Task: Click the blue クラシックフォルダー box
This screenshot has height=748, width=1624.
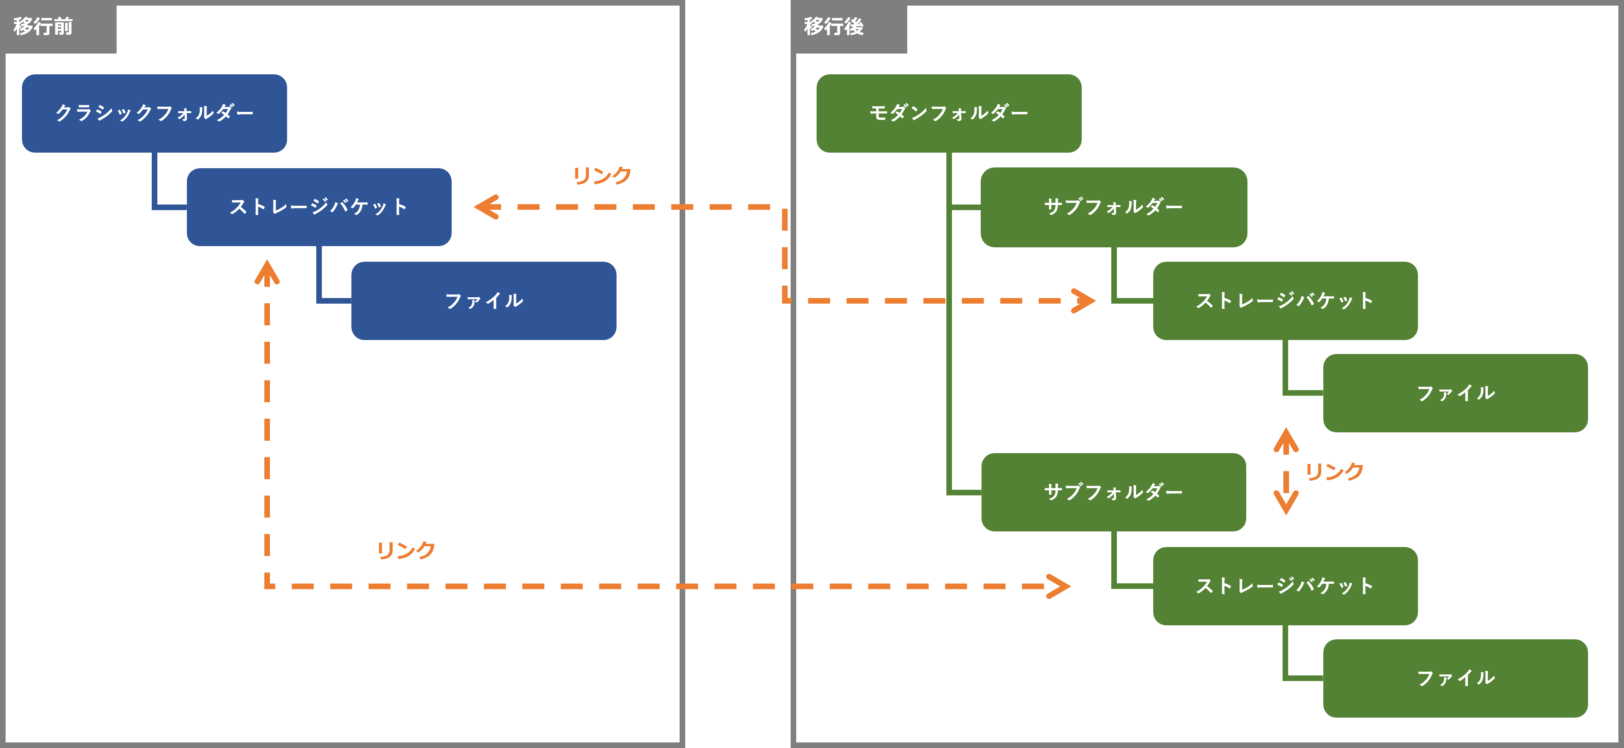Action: [x=155, y=113]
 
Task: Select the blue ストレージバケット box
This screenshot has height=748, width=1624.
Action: [x=319, y=207]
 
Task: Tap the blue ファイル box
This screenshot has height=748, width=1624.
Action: [x=484, y=301]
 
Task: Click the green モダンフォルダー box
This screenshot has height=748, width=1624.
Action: [x=949, y=113]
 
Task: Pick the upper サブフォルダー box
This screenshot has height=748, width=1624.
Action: [x=1113, y=207]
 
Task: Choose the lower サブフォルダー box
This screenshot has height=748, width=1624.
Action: [x=1113, y=492]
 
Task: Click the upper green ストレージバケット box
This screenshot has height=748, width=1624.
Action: [x=1285, y=301]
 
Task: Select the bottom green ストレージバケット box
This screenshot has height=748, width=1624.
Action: [x=1285, y=586]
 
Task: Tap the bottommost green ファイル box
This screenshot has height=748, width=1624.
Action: [x=1455, y=678]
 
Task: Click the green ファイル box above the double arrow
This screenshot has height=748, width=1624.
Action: [x=1455, y=393]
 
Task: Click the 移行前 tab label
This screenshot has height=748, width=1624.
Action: [x=43, y=26]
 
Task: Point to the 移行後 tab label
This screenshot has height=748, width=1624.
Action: [x=833, y=26]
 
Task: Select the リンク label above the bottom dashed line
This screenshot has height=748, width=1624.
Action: [x=406, y=550]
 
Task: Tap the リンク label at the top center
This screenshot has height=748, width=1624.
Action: [x=602, y=175]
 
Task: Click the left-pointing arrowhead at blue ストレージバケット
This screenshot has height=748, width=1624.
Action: [x=487, y=207]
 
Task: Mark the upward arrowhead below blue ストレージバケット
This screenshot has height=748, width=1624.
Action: [x=267, y=273]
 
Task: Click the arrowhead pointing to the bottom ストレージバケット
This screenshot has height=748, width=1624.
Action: [x=1059, y=586]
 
